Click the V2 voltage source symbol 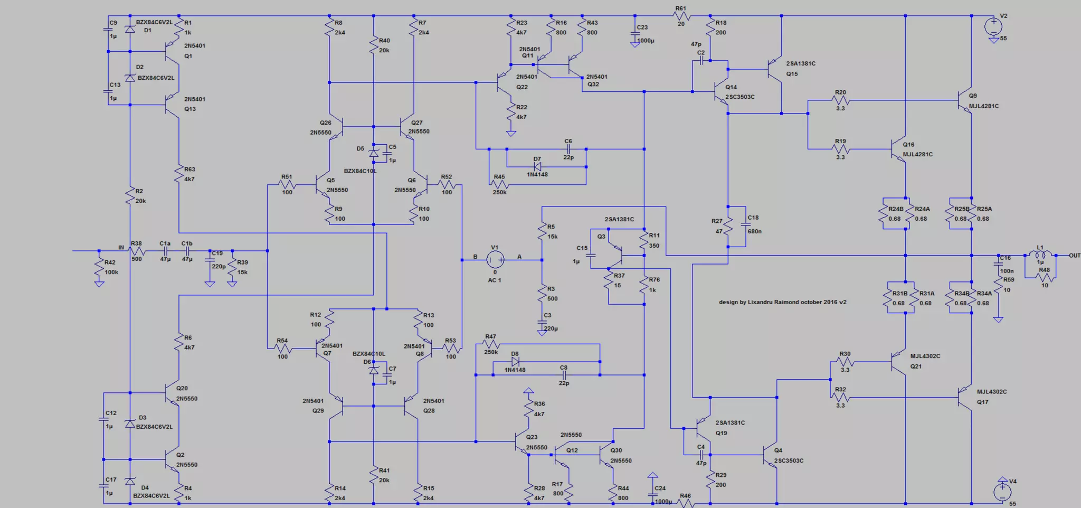[993, 25]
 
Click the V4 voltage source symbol [1002, 491]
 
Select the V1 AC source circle [495, 259]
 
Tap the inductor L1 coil [1040, 255]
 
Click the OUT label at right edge [1074, 256]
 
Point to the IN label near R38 [121, 247]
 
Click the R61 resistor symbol [681, 16]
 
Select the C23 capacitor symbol [635, 33]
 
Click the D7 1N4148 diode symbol [537, 166]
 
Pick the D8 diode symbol [515, 362]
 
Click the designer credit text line [782, 302]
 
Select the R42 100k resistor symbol [99, 268]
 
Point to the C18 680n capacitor [746, 224]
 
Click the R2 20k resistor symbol [129, 196]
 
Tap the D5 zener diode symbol [374, 153]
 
